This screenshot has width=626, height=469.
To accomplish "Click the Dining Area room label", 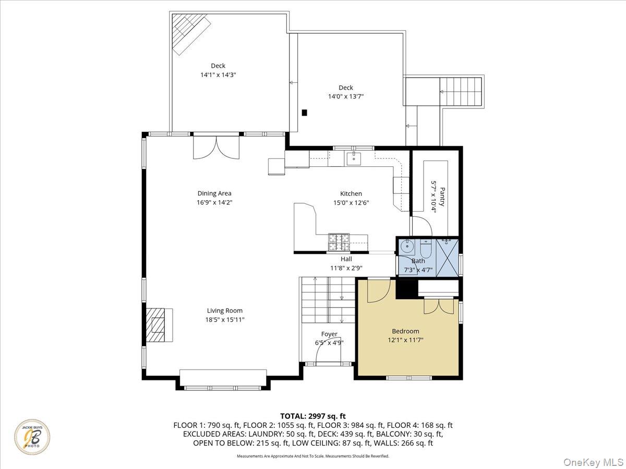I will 214,193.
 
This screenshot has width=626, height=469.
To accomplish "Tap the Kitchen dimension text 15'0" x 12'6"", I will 351,203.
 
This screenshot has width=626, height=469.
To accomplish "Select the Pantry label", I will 442,196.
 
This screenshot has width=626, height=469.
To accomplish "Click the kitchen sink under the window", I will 354,158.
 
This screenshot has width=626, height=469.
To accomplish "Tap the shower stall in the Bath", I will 447,257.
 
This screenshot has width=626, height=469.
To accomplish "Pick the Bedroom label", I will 405,331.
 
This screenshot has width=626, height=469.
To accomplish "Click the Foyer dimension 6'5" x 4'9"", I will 329,342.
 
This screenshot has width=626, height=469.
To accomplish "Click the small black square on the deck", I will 305,112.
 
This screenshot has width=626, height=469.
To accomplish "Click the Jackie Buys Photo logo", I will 32,436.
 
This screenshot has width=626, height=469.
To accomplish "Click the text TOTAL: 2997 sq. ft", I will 313,416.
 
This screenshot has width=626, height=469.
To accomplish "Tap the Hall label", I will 346,259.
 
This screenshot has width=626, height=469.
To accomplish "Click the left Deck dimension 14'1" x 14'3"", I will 218,75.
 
